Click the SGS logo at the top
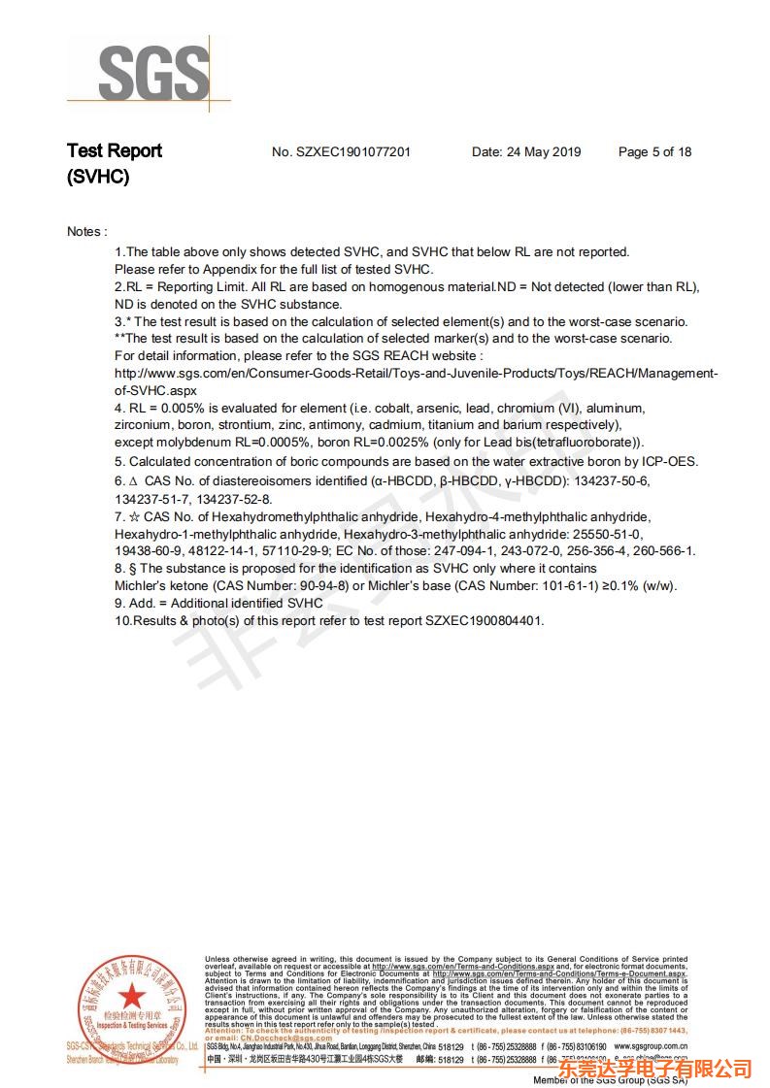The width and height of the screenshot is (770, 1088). pyautogui.click(x=153, y=73)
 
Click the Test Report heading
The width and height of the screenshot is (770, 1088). pyautogui.click(x=114, y=150)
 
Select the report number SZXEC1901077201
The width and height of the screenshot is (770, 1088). pyautogui.click(x=354, y=152)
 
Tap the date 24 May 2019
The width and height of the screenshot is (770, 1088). pyautogui.click(x=544, y=152)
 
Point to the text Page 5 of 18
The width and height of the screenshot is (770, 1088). pyautogui.click(x=654, y=152)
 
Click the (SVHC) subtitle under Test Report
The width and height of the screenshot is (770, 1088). pyautogui.click(x=97, y=177)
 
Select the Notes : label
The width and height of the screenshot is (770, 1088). pyautogui.click(x=86, y=231)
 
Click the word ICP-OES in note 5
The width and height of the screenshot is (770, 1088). pyautogui.click(x=668, y=461)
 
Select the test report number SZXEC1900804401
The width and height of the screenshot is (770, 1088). pyautogui.click(x=484, y=620)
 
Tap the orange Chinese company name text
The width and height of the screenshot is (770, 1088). pyautogui.click(x=655, y=1069)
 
